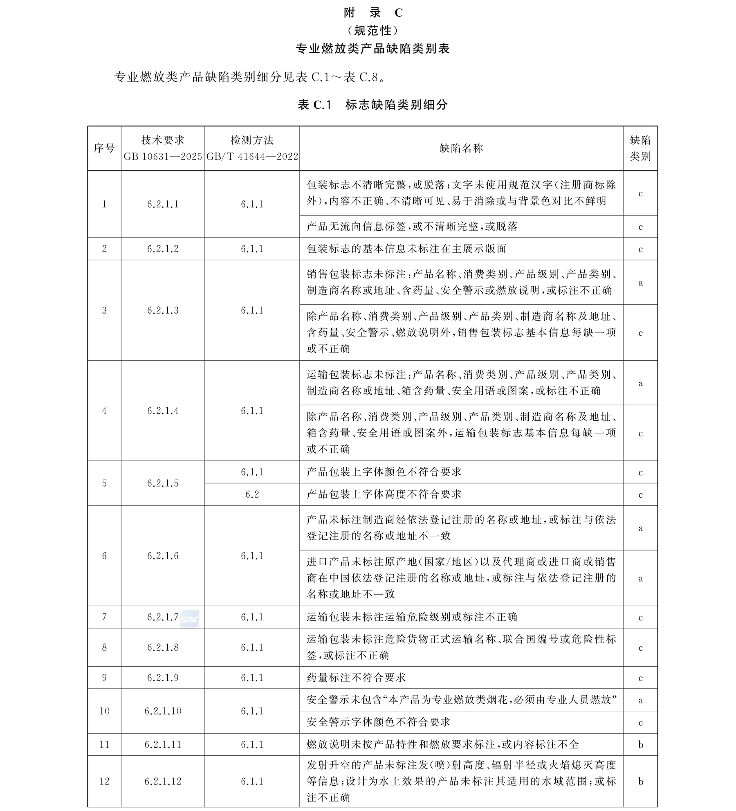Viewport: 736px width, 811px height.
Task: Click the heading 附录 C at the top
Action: pyautogui.click(x=372, y=13)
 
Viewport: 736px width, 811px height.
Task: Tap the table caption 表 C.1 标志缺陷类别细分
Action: pyautogui.click(x=372, y=105)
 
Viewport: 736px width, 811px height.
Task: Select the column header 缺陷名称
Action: pyautogui.click(x=461, y=148)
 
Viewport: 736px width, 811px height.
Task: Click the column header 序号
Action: pyautogui.click(x=104, y=148)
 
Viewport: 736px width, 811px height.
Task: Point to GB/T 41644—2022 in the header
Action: pyautogui.click(x=252, y=157)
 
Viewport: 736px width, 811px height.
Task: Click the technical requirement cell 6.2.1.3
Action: pyautogui.click(x=163, y=310)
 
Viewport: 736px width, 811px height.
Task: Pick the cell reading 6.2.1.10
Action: pyautogui.click(x=163, y=711)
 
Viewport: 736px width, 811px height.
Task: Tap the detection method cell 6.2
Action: pyautogui.click(x=252, y=494)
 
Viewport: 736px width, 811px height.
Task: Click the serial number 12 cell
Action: pyautogui.click(x=104, y=781)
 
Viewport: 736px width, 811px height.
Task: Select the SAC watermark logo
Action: pyautogui.click(x=190, y=620)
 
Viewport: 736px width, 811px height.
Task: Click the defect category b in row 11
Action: pyautogui.click(x=640, y=744)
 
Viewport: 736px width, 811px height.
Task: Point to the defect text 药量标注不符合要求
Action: pyautogui.click(x=356, y=678)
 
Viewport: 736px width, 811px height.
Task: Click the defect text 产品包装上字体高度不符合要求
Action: pyautogui.click(x=384, y=494)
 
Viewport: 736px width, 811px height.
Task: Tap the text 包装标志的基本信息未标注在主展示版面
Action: pyautogui.click(x=406, y=249)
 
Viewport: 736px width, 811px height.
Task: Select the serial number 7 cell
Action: pyautogui.click(x=104, y=617)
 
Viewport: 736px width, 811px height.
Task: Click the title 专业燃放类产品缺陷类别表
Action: pyautogui.click(x=372, y=49)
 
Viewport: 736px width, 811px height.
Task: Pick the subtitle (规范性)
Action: pyautogui.click(x=372, y=31)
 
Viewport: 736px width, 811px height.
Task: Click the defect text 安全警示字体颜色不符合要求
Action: pyautogui.click(x=378, y=722)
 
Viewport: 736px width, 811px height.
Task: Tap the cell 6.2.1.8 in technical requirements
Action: pyautogui.click(x=163, y=647)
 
